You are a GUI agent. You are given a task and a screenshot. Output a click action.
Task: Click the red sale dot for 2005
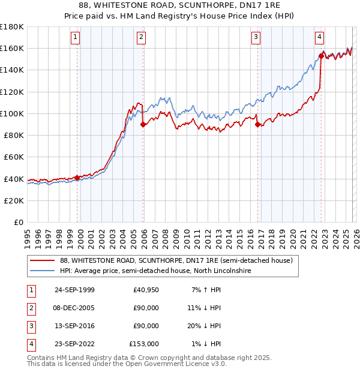click(143, 125)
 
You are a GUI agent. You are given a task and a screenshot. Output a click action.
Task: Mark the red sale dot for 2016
click(257, 125)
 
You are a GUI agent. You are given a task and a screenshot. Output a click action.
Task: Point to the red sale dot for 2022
click(321, 56)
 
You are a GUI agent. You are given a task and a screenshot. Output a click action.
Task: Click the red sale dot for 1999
click(77, 178)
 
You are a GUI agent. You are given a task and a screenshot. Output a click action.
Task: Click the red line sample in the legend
click(43, 260)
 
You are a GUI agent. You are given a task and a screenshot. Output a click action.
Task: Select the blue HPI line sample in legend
click(43, 271)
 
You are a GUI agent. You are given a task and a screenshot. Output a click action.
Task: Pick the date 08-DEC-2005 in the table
click(74, 308)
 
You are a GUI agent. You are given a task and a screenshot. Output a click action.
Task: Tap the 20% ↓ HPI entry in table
click(206, 326)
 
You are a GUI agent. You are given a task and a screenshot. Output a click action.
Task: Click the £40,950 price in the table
click(146, 290)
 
